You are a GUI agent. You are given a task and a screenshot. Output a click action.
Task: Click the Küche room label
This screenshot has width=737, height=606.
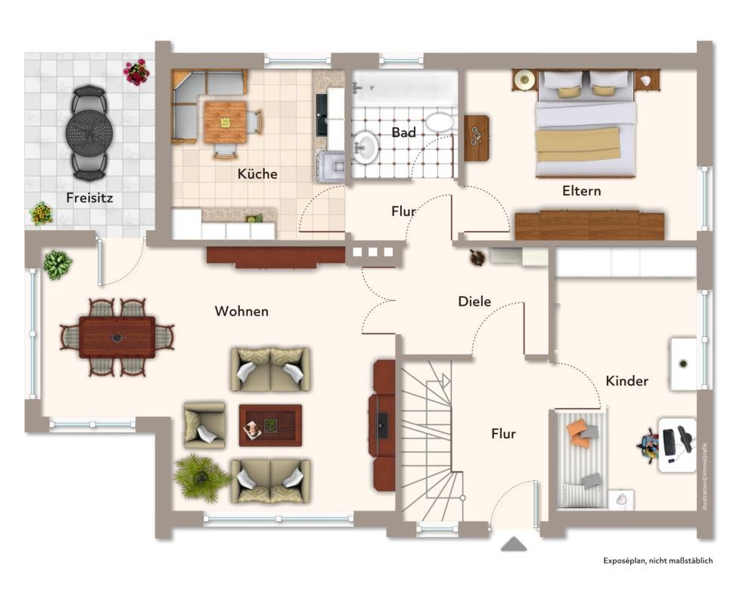(257, 173)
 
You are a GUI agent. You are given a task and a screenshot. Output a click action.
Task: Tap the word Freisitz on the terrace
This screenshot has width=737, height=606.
(90, 198)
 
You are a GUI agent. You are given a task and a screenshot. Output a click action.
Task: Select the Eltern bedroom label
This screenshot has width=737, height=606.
(581, 191)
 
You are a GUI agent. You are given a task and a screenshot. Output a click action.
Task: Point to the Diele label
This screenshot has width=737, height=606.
(474, 301)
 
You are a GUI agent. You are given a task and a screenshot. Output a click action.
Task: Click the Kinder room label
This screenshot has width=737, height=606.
(627, 381)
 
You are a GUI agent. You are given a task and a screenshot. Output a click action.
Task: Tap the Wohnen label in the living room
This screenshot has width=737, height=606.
(241, 311)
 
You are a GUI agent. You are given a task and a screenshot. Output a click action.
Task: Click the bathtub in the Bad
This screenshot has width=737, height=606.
(405, 87)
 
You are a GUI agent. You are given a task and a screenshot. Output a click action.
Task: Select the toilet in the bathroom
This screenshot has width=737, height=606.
(439, 122)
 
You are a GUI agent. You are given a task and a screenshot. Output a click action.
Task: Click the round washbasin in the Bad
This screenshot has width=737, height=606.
(366, 147)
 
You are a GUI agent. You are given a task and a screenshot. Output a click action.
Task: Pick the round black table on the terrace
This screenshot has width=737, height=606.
(89, 133)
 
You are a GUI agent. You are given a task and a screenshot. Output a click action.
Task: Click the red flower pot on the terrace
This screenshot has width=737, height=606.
(136, 72)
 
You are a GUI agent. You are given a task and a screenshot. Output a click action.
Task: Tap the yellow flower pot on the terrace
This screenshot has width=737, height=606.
(41, 214)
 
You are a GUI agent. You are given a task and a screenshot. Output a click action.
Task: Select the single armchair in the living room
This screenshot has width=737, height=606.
(204, 425)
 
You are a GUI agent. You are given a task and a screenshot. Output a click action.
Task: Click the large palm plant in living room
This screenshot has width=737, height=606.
(201, 477)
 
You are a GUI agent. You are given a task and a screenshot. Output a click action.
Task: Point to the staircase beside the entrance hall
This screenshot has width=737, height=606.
(431, 439)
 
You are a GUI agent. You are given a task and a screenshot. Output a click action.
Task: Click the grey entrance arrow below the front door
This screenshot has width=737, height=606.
(514, 544)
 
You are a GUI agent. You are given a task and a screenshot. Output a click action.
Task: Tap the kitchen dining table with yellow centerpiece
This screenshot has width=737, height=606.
(225, 122)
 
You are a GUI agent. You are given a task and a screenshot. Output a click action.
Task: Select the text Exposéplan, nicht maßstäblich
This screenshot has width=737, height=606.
(658, 561)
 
